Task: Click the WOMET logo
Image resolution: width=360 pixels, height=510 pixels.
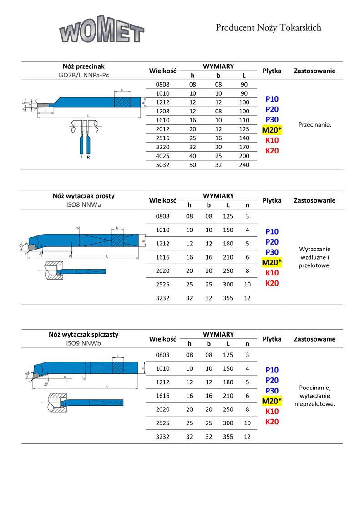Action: tap(101, 31)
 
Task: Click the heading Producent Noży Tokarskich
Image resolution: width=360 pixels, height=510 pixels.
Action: tap(268, 28)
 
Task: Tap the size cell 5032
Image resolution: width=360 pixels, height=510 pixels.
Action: tap(162, 165)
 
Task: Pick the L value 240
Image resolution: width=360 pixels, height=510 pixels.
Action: tap(244, 165)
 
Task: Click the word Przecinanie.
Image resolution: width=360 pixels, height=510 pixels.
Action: tap(314, 124)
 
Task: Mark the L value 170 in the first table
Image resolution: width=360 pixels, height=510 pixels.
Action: tap(244, 147)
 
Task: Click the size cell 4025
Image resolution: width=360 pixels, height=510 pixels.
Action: tap(162, 156)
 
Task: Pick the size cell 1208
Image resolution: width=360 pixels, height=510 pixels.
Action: tap(162, 111)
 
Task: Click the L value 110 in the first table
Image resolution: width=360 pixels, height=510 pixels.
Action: tap(244, 120)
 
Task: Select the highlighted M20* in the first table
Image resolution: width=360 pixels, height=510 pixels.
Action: tap(272, 130)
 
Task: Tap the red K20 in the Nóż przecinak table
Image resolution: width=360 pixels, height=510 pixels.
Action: tap(272, 151)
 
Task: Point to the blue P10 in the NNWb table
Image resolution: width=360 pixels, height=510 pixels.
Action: tap(272, 370)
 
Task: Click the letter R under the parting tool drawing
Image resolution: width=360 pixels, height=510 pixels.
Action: tap(88, 157)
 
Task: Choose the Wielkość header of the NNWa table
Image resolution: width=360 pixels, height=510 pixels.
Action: tap(162, 200)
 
